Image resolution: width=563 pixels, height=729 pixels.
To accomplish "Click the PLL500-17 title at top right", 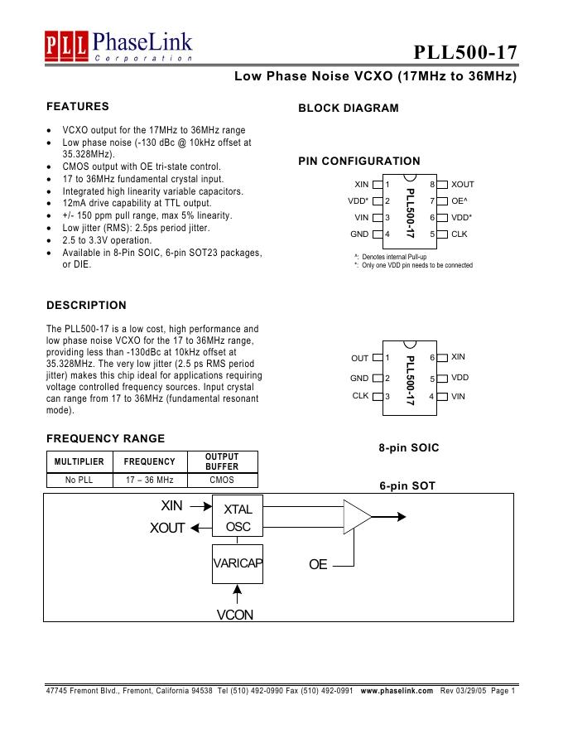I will point(465,52).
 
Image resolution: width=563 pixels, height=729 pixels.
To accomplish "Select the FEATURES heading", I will point(78,107).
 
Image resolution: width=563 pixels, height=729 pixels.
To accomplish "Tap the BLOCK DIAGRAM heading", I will point(348,109).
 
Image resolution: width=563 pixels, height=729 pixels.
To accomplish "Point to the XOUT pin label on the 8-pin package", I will point(463,185).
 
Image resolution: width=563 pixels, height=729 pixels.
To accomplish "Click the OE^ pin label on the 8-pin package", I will point(460,201).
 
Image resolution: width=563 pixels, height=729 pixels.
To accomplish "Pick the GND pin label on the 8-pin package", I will point(359,234).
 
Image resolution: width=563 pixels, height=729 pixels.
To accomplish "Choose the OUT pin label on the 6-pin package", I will point(360,359).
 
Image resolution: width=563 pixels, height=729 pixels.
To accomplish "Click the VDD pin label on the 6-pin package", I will point(460,378).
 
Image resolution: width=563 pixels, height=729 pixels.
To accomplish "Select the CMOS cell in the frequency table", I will point(222,480).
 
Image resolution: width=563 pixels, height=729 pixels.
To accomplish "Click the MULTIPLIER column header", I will point(79,461).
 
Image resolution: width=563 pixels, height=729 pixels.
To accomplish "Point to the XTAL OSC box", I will point(238,518).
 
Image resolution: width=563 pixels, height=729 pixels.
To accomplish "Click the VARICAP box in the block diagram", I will point(238,564).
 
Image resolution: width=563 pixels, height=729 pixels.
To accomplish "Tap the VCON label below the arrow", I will point(235,616).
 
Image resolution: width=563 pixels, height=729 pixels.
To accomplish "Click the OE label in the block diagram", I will point(318,565).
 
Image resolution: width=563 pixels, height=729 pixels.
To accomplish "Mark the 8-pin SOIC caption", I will point(409,448).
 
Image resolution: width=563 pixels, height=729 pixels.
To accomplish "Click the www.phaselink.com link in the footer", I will point(397,691).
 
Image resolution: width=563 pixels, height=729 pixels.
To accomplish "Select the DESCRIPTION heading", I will point(86,306).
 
